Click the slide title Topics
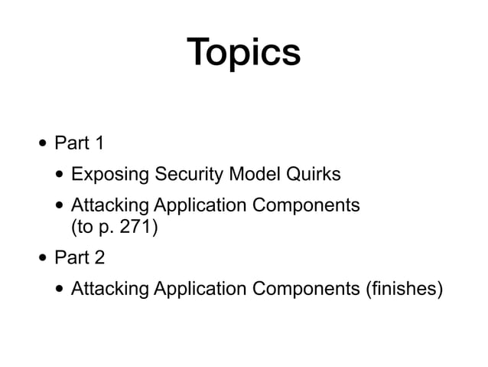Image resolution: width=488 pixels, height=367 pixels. pyautogui.click(x=244, y=52)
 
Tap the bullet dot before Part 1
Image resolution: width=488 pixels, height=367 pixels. pyautogui.click(x=44, y=143)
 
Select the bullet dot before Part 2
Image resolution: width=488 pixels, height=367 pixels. pyautogui.click(x=44, y=257)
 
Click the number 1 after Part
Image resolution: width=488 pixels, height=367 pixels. pyautogui.click(x=99, y=143)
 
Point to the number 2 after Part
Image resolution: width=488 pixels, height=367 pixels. pyautogui.click(x=99, y=257)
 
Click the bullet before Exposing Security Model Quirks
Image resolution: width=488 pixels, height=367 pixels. pyautogui.click(x=60, y=175)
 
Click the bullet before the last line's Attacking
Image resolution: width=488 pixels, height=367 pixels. pyautogui.click(x=60, y=289)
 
